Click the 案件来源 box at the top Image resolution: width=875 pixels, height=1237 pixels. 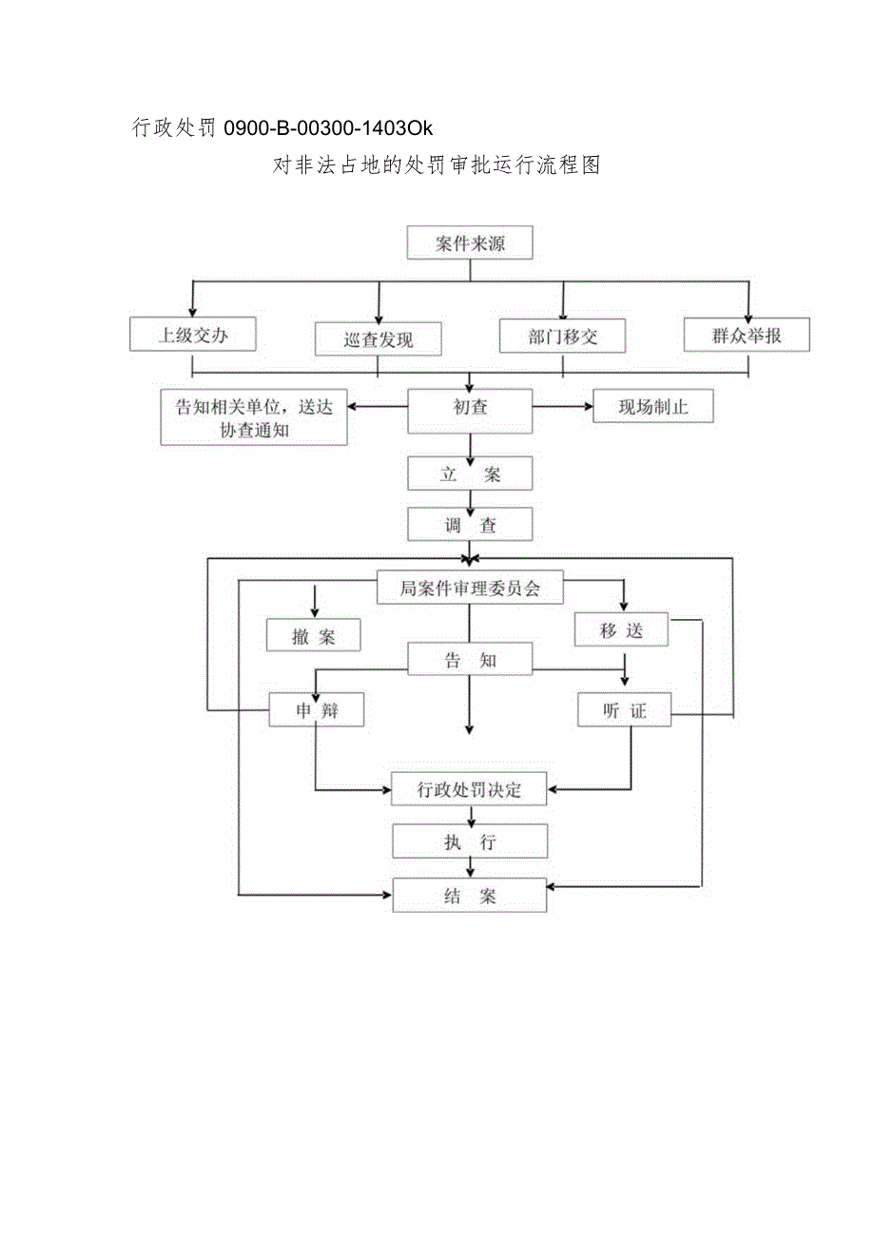tap(470, 243)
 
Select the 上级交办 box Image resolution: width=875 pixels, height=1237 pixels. tap(193, 335)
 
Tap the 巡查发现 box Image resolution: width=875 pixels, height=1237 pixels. tap(379, 339)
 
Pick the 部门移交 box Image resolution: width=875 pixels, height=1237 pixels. tap(563, 337)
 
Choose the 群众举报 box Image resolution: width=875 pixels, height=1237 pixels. tap(747, 335)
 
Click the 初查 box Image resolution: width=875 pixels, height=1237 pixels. tap(470, 409)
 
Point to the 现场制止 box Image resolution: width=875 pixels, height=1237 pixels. tap(652, 408)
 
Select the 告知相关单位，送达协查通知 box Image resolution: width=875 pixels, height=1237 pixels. tap(253, 417)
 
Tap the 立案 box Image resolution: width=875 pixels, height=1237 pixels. tap(470, 474)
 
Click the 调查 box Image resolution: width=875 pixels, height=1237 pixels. tap(470, 524)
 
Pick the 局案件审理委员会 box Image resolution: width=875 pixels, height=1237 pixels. tap(470, 589)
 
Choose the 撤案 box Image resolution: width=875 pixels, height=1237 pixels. tap(314, 636)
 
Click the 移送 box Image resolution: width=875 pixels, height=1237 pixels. tap(623, 629)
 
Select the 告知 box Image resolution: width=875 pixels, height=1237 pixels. tap(470, 660)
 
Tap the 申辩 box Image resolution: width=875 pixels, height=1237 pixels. tap(317, 710)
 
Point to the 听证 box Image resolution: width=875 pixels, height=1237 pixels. tap(624, 710)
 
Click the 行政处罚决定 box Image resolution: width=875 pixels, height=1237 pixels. tap(470, 789)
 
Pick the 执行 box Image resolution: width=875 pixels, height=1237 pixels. tap(470, 841)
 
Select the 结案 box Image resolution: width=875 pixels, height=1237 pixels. tap(470, 896)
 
